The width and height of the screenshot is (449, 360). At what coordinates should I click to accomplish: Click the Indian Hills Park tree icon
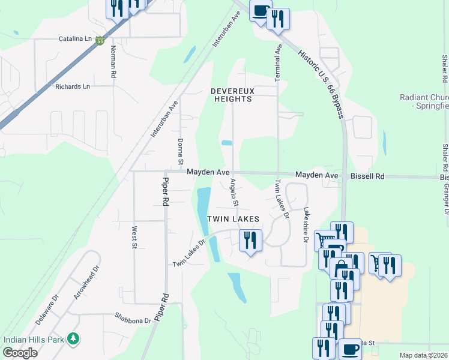pos(73,338)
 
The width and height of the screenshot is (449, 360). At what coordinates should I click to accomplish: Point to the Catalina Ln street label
pos(74,39)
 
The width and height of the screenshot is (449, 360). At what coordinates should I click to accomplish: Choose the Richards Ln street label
pos(72,86)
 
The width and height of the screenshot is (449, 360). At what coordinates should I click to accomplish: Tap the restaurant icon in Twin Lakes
pos(250,241)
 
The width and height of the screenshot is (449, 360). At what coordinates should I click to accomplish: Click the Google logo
pos(20,353)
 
